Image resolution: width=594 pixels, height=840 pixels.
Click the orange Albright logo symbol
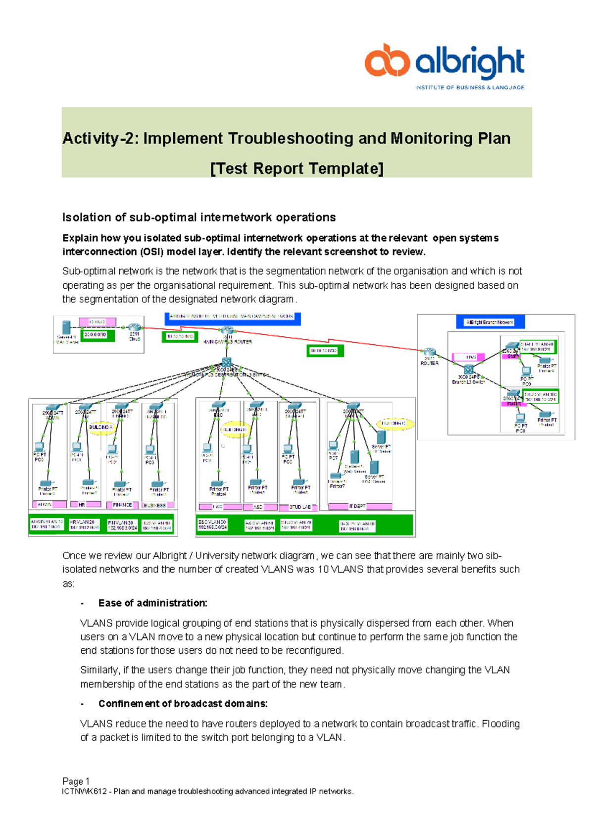[x=387, y=61]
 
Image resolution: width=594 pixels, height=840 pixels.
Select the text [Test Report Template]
[x=297, y=168]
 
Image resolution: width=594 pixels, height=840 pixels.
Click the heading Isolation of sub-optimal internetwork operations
[x=199, y=217]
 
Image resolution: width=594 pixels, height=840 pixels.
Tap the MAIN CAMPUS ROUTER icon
[x=227, y=331]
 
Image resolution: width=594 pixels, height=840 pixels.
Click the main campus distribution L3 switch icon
[x=227, y=362]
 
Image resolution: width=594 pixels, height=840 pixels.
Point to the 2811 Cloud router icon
[x=135, y=327]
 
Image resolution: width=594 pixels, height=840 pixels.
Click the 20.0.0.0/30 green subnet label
[x=98, y=335]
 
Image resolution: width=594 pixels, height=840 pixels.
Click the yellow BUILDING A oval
[x=100, y=427]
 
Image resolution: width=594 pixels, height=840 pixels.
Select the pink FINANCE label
[x=122, y=505]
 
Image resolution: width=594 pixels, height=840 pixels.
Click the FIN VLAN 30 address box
[x=121, y=525]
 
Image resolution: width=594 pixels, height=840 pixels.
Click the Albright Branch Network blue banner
[x=490, y=322]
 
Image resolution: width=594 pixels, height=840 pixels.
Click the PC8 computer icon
[x=520, y=419]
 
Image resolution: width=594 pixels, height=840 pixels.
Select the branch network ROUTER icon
[x=429, y=353]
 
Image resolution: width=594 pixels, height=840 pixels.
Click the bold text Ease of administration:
[x=152, y=603]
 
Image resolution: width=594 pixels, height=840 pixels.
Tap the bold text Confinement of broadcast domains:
[x=183, y=704]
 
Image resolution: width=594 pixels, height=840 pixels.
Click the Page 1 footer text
[x=76, y=781]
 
